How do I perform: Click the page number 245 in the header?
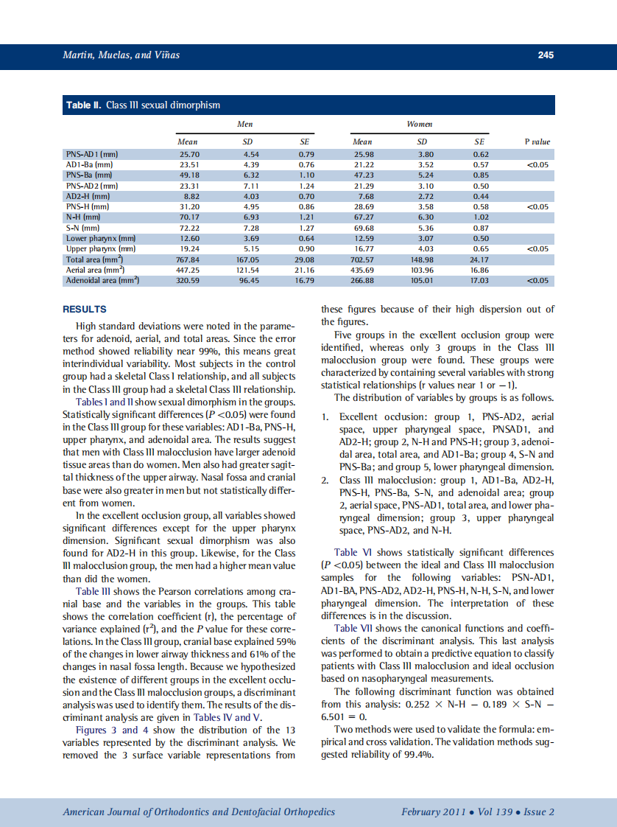click(545, 55)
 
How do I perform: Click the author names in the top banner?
click(121, 55)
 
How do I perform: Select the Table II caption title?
click(144, 105)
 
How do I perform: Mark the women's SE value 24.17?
click(480, 259)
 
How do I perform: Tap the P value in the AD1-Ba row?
click(537, 164)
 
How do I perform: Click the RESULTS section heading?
click(85, 310)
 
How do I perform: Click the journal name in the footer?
click(199, 812)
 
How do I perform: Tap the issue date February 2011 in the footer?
click(433, 812)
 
